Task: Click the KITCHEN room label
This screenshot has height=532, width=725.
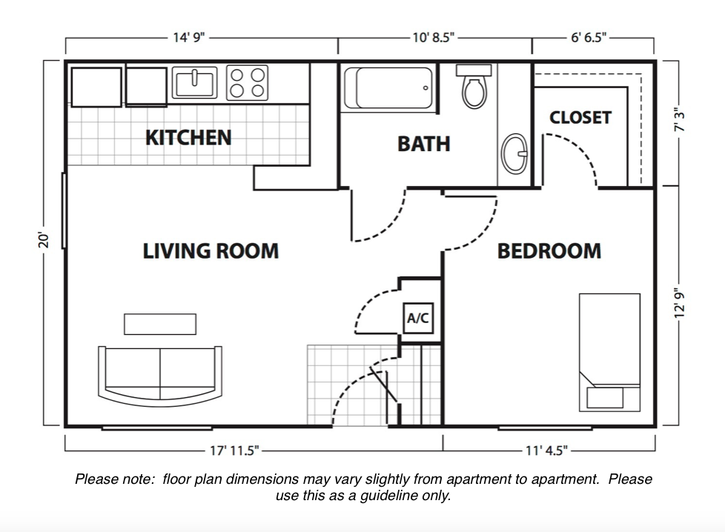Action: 188,138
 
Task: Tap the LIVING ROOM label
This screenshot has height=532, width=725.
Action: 211,251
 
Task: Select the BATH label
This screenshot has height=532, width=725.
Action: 423,143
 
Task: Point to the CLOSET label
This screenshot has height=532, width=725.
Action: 580,118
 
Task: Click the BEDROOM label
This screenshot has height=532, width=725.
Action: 549,251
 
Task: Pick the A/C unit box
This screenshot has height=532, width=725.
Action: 417,319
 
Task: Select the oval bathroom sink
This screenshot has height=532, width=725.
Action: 512,153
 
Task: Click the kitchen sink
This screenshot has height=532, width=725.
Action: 195,82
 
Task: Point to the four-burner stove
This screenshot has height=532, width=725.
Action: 247,82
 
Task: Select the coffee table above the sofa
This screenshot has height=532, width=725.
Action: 160,324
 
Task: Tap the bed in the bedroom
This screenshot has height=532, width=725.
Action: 609,352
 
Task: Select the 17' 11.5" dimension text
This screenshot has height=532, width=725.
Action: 234,450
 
